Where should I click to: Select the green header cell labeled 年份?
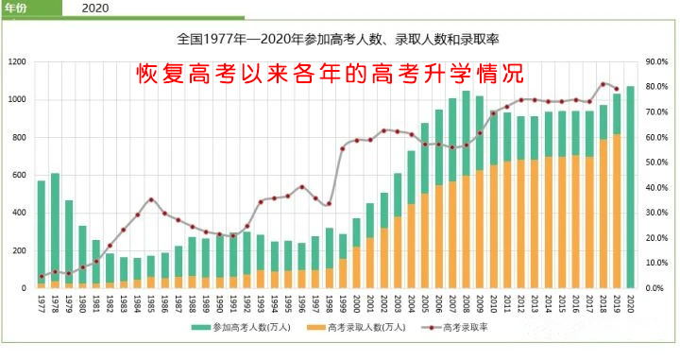pos(20,8)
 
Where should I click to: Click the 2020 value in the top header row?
pos(94,8)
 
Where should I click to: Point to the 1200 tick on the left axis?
pos(17,62)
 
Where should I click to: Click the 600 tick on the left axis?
pos(19,175)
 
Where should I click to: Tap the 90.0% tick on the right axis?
pos(656,62)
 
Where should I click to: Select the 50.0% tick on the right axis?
pos(656,163)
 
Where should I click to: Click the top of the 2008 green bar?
pos(466,93)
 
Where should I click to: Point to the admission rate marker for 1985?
pos(151,199)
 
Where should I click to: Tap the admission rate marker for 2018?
pos(603,84)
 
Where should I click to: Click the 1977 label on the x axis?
pos(42,302)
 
